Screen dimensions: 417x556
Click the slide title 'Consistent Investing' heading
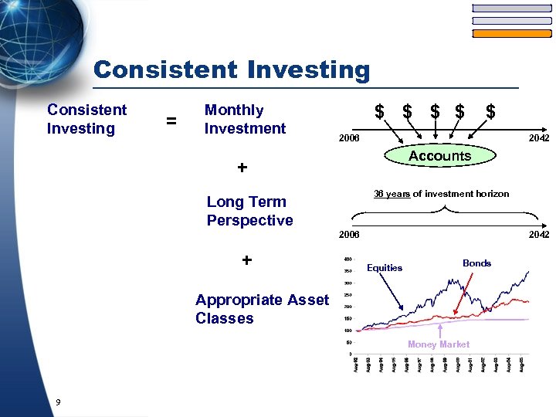tap(232, 70)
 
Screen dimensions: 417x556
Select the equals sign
tap(171, 121)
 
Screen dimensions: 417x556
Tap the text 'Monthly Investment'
tap(245, 120)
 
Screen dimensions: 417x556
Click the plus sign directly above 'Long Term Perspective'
tap(242, 168)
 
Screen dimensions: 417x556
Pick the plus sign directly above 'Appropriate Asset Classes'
tap(246, 260)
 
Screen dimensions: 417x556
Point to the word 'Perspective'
tap(249, 221)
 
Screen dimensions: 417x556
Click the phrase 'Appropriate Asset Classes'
tap(262, 309)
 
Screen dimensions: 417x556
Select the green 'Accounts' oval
tap(439, 156)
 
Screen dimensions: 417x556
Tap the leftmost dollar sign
tap(379, 112)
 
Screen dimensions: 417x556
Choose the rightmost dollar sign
tap(490, 112)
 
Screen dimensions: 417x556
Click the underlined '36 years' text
tap(392, 194)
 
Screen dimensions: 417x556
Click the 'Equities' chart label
tap(385, 268)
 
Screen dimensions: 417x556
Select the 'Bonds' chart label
tap(476, 263)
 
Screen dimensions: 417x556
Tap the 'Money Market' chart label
tap(438, 344)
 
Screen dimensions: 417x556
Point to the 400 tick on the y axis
tap(347, 259)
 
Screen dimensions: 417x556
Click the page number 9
tap(59, 402)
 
